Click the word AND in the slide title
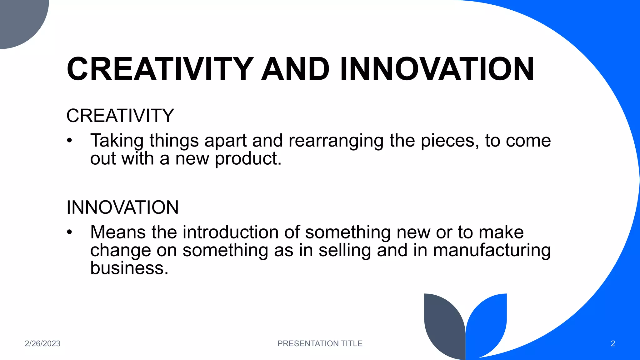[x=295, y=69]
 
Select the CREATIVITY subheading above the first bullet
[x=120, y=116]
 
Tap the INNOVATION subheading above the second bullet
[x=122, y=207]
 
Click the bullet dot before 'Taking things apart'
[x=69, y=141]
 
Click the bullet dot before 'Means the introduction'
[x=69, y=232]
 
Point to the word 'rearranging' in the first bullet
[x=336, y=141]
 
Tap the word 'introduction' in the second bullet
[x=230, y=232]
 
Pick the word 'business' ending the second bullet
[x=129, y=268]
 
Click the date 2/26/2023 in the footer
[x=42, y=343]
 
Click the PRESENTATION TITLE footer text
[x=320, y=343]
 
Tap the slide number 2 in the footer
[x=613, y=343]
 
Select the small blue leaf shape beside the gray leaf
[x=487, y=322]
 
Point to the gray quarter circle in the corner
[x=19, y=19]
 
